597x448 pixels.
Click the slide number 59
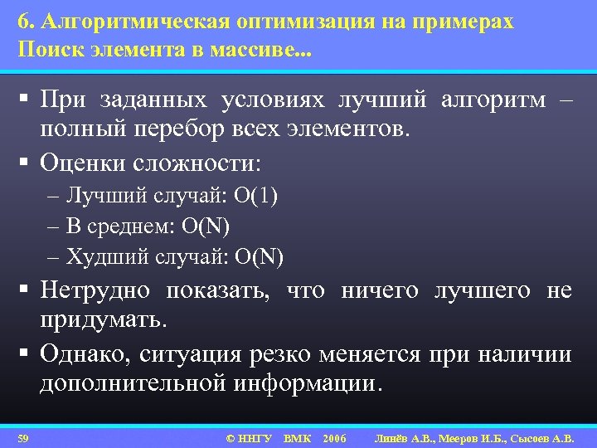click(23, 437)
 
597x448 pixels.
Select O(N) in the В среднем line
click(207, 226)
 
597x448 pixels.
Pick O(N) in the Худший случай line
click(260, 257)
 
